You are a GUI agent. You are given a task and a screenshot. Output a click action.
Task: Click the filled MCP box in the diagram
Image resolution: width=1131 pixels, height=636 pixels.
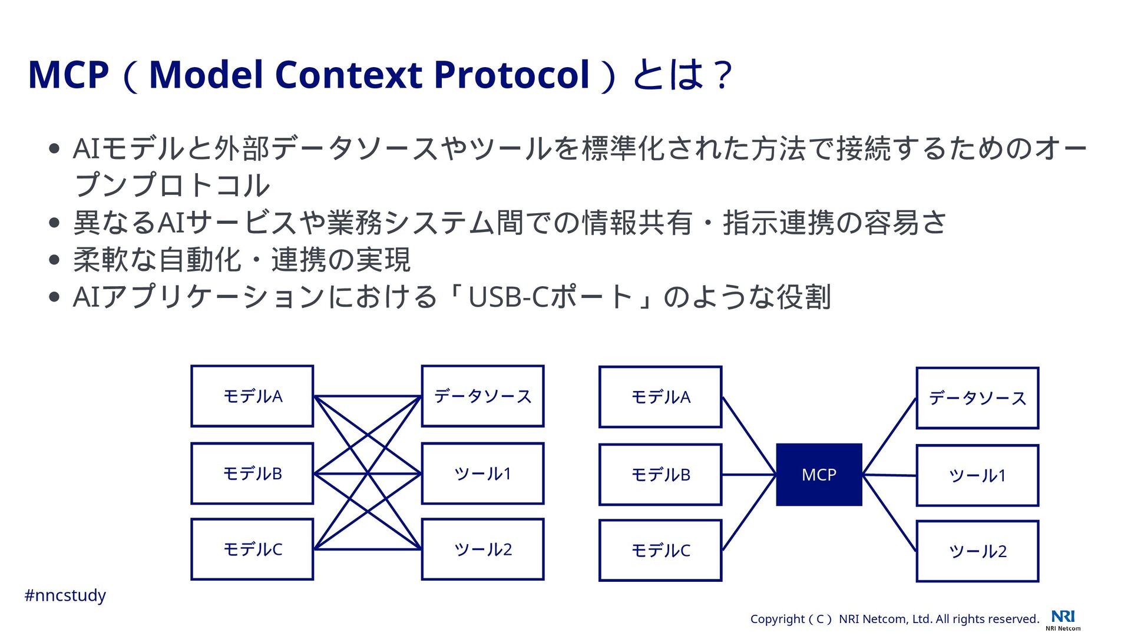[819, 475]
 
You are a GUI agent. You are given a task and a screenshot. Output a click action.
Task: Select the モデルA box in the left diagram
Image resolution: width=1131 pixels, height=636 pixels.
[252, 396]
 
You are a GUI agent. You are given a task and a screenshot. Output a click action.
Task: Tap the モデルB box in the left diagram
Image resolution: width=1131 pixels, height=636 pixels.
[252, 473]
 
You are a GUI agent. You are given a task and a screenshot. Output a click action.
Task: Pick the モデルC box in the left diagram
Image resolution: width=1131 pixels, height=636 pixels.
[252, 549]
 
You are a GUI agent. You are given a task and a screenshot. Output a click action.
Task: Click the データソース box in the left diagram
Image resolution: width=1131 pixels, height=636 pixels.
[482, 396]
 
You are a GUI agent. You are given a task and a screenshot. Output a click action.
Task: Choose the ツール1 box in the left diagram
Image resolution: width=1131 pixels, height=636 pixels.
[482, 473]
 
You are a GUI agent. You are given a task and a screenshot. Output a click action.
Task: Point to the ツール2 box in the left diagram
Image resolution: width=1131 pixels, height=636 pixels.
[482, 549]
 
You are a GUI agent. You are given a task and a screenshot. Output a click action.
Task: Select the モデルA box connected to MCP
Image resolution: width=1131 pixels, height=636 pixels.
[660, 397]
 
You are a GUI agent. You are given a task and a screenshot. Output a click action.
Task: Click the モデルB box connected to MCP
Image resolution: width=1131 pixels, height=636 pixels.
[660, 475]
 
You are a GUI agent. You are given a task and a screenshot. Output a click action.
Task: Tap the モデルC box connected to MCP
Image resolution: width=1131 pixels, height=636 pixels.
[660, 551]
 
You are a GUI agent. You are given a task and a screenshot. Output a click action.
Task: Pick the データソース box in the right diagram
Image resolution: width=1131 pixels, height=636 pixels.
[977, 399]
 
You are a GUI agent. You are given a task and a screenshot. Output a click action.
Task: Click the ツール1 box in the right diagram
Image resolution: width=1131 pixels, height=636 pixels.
[977, 476]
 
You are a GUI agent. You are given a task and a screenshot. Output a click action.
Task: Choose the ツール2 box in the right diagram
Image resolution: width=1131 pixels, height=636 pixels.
[977, 552]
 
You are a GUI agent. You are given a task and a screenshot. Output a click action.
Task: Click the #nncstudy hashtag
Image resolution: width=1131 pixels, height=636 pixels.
[65, 595]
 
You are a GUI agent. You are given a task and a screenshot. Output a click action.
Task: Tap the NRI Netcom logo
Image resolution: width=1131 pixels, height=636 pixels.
[1063, 620]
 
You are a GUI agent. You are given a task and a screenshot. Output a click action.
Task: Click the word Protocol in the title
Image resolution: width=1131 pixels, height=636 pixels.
[511, 75]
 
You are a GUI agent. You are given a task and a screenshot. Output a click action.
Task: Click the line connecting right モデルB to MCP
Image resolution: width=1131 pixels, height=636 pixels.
[749, 475]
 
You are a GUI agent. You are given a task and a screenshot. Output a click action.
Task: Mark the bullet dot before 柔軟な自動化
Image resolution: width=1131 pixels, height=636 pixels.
[55, 260]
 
